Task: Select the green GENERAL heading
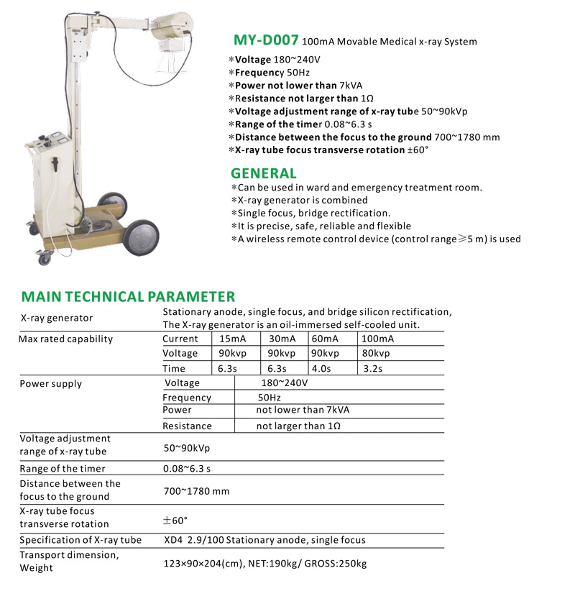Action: tap(263, 173)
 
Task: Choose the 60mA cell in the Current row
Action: tap(325, 339)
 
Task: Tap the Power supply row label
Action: tap(50, 384)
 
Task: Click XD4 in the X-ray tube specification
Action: tap(173, 540)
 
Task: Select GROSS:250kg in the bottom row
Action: tap(336, 564)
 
